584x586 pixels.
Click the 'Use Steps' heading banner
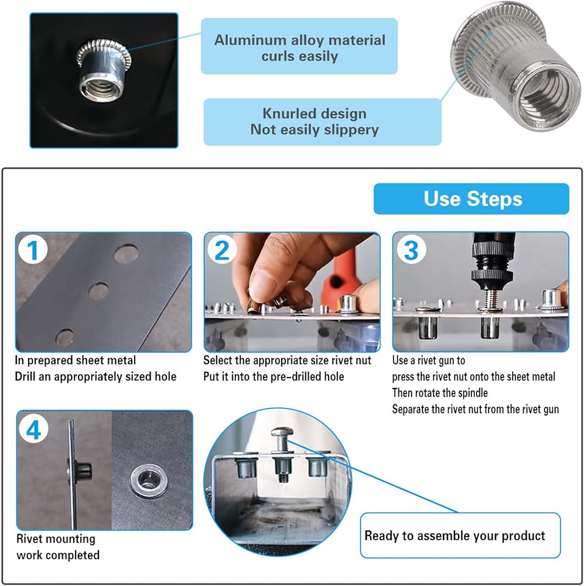471,199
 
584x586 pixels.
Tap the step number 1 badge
33,250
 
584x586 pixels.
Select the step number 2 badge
222,250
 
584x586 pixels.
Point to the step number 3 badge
411,250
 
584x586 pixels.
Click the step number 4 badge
33,430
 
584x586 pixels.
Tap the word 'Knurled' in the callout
288,113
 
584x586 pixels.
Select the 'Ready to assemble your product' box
460,535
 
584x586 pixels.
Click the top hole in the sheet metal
127,254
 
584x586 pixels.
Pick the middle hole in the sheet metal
98,291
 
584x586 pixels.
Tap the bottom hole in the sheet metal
64,337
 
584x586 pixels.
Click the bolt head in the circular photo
282,433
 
